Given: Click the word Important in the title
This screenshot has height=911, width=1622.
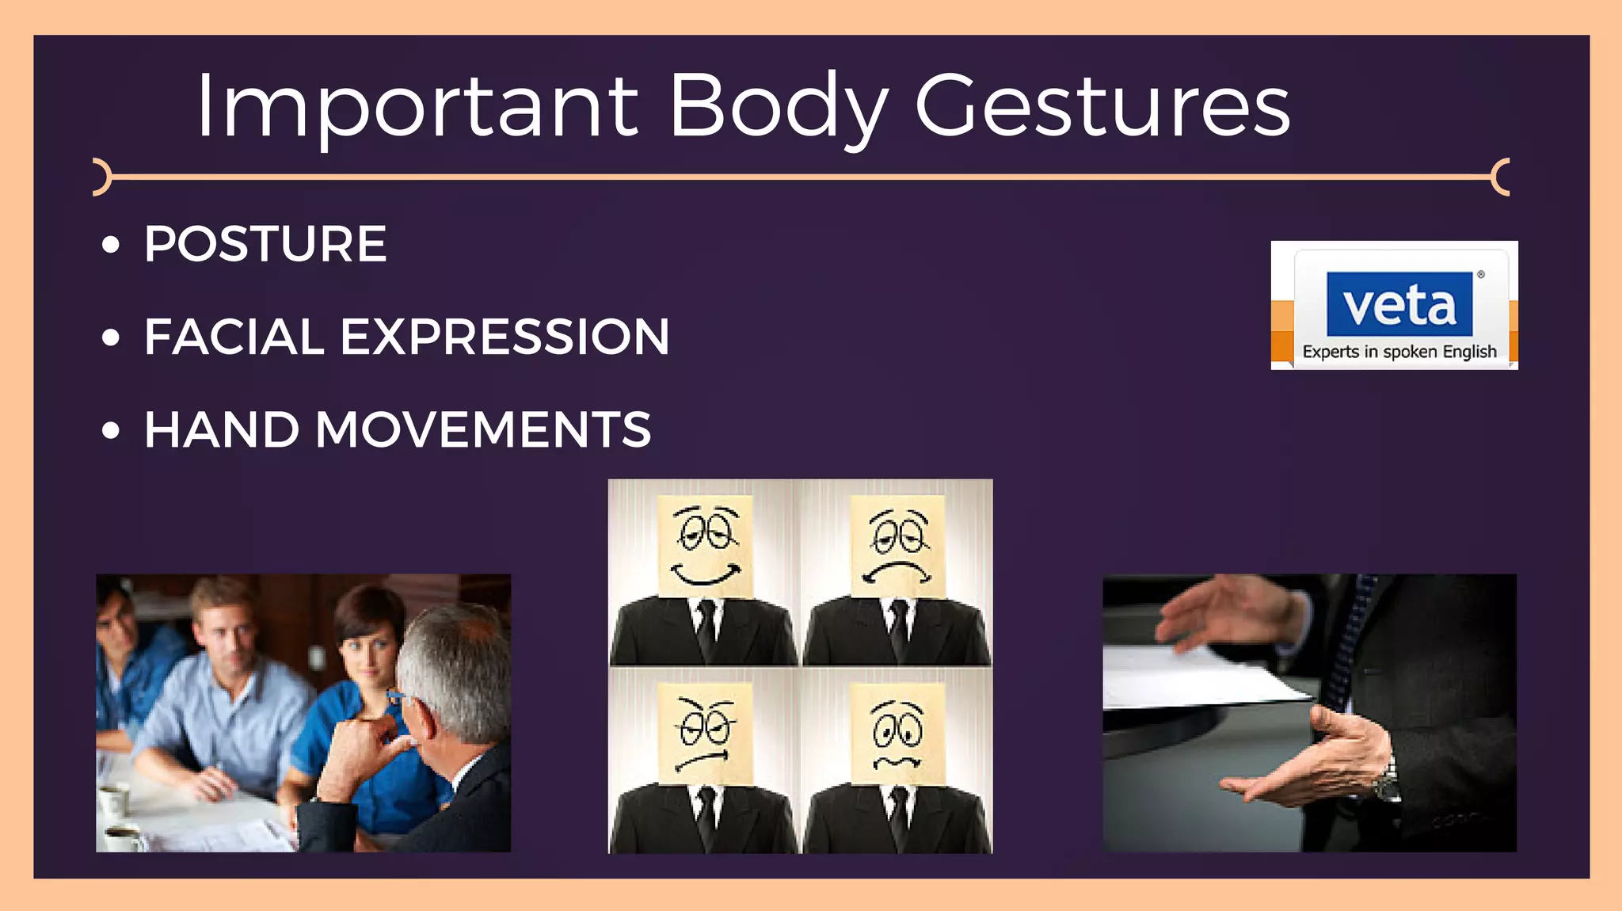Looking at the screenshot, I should pos(416,107).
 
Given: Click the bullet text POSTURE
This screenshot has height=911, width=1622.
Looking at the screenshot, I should pos(265,244).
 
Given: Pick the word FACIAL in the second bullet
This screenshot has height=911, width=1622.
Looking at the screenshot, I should pos(234,337).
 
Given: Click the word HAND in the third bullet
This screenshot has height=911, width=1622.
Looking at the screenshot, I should pos(222,430).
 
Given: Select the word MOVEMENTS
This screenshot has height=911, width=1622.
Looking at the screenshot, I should pos(483,430).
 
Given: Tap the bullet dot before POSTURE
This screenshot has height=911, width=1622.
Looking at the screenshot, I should pos(111,245).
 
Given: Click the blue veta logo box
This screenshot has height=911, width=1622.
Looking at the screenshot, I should pos(1399,304).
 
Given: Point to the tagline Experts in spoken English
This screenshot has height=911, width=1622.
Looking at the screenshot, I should pos(1399,352).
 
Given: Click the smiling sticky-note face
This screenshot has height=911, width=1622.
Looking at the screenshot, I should pos(706,547).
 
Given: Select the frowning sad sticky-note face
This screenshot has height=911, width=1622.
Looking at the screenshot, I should pos(897,547).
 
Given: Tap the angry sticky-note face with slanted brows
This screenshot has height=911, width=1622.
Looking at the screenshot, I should pos(705,733).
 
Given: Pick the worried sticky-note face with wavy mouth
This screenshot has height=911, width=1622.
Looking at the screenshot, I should pos(897,733).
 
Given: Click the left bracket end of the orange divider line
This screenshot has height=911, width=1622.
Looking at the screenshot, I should pos(100,177).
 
